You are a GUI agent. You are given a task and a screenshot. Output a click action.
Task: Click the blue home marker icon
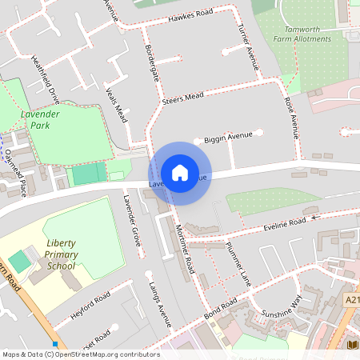coord(180,173)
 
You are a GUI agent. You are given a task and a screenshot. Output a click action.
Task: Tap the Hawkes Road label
coord(190,16)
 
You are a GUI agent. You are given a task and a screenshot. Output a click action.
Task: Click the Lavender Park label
coord(41,120)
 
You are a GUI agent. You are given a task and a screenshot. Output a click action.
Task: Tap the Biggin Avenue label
coord(228,138)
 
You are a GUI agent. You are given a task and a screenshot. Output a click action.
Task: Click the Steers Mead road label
coord(182,98)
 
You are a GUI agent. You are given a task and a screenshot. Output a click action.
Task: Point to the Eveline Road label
coord(286,223)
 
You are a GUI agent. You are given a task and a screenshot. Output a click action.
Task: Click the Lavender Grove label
coord(131,218)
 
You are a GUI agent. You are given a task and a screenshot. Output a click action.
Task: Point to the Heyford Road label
coord(90,306)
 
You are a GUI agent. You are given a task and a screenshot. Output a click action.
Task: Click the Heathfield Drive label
coord(46,79)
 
